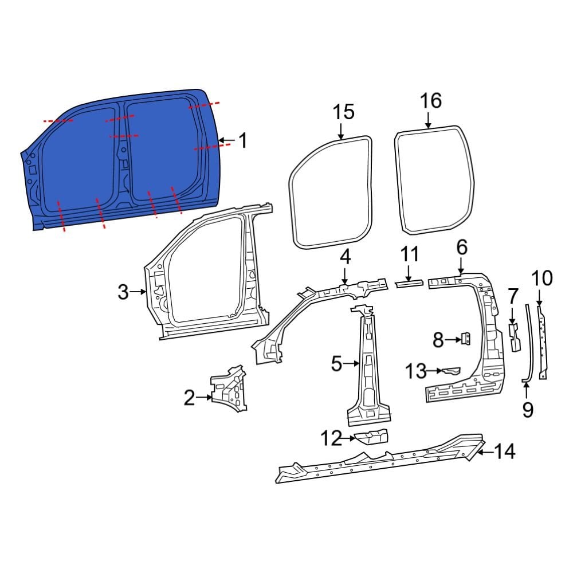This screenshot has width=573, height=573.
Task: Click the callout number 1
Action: point(243,140)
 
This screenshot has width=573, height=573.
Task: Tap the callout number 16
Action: point(430,101)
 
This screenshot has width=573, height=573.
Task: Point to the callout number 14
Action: point(505,452)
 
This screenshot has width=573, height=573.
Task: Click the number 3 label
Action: point(123,292)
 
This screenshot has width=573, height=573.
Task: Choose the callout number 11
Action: point(409,254)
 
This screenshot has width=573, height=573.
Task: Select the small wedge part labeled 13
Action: point(451,371)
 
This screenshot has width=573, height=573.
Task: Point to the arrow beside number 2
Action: point(205,397)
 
